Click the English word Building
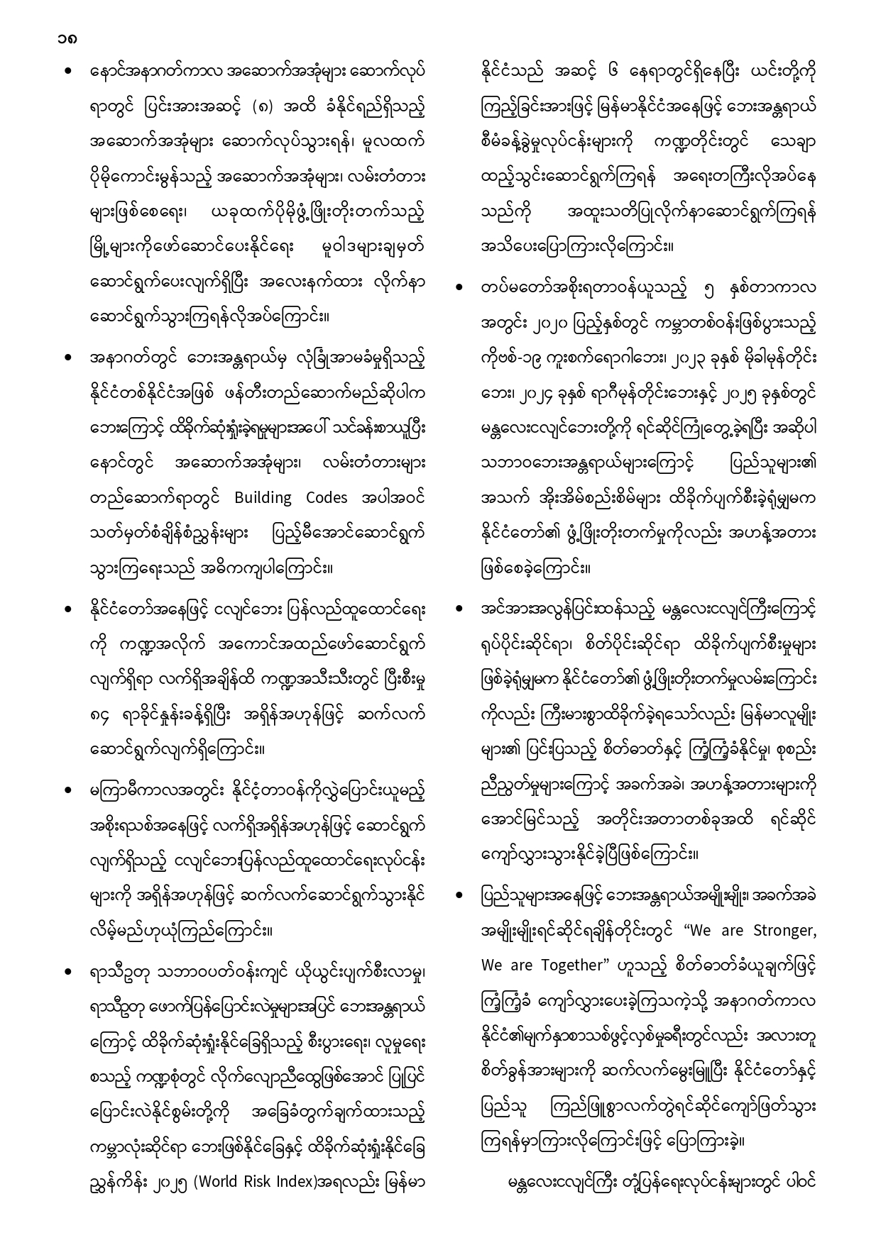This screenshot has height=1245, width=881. tap(263, 498)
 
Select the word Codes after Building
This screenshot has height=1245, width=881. tap(327, 498)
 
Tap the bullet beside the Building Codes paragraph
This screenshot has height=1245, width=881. tap(69, 358)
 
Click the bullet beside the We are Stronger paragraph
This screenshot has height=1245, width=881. tap(459, 895)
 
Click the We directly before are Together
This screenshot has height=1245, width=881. tap(491, 965)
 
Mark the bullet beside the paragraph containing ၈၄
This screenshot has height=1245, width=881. tap(69, 609)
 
